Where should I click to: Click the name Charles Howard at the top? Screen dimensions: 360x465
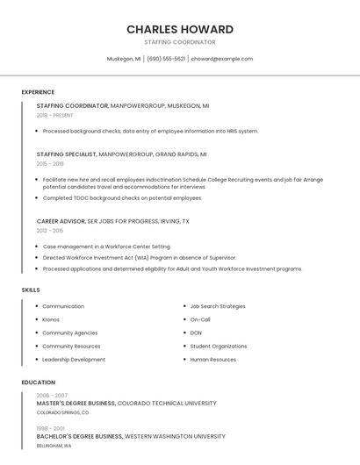[x=180, y=29]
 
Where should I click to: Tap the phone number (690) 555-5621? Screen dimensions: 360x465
[x=166, y=59]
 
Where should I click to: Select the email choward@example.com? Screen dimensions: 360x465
[x=222, y=59]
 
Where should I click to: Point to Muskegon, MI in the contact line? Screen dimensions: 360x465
[x=124, y=59]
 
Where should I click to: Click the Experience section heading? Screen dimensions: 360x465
[x=38, y=92]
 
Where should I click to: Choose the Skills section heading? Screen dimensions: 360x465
[x=31, y=290]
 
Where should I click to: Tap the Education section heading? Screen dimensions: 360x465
[x=39, y=383]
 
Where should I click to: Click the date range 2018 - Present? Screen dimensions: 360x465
[x=55, y=115]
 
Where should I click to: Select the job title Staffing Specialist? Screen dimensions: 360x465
[x=67, y=154]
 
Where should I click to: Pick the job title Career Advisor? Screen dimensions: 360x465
[x=61, y=221]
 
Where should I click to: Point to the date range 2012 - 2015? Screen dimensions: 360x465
[x=50, y=231]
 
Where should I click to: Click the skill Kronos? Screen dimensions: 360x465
[x=51, y=319]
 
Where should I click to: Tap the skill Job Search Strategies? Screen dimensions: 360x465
[x=218, y=306]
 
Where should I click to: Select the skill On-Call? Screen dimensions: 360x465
[x=200, y=319]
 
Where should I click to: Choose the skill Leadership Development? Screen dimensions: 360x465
[x=74, y=360]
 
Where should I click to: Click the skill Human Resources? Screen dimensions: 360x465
[x=212, y=360]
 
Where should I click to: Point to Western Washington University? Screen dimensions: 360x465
[x=175, y=436]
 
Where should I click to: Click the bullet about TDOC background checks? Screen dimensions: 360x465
[x=122, y=197]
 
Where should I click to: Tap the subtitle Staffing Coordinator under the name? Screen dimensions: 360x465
[x=180, y=42]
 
